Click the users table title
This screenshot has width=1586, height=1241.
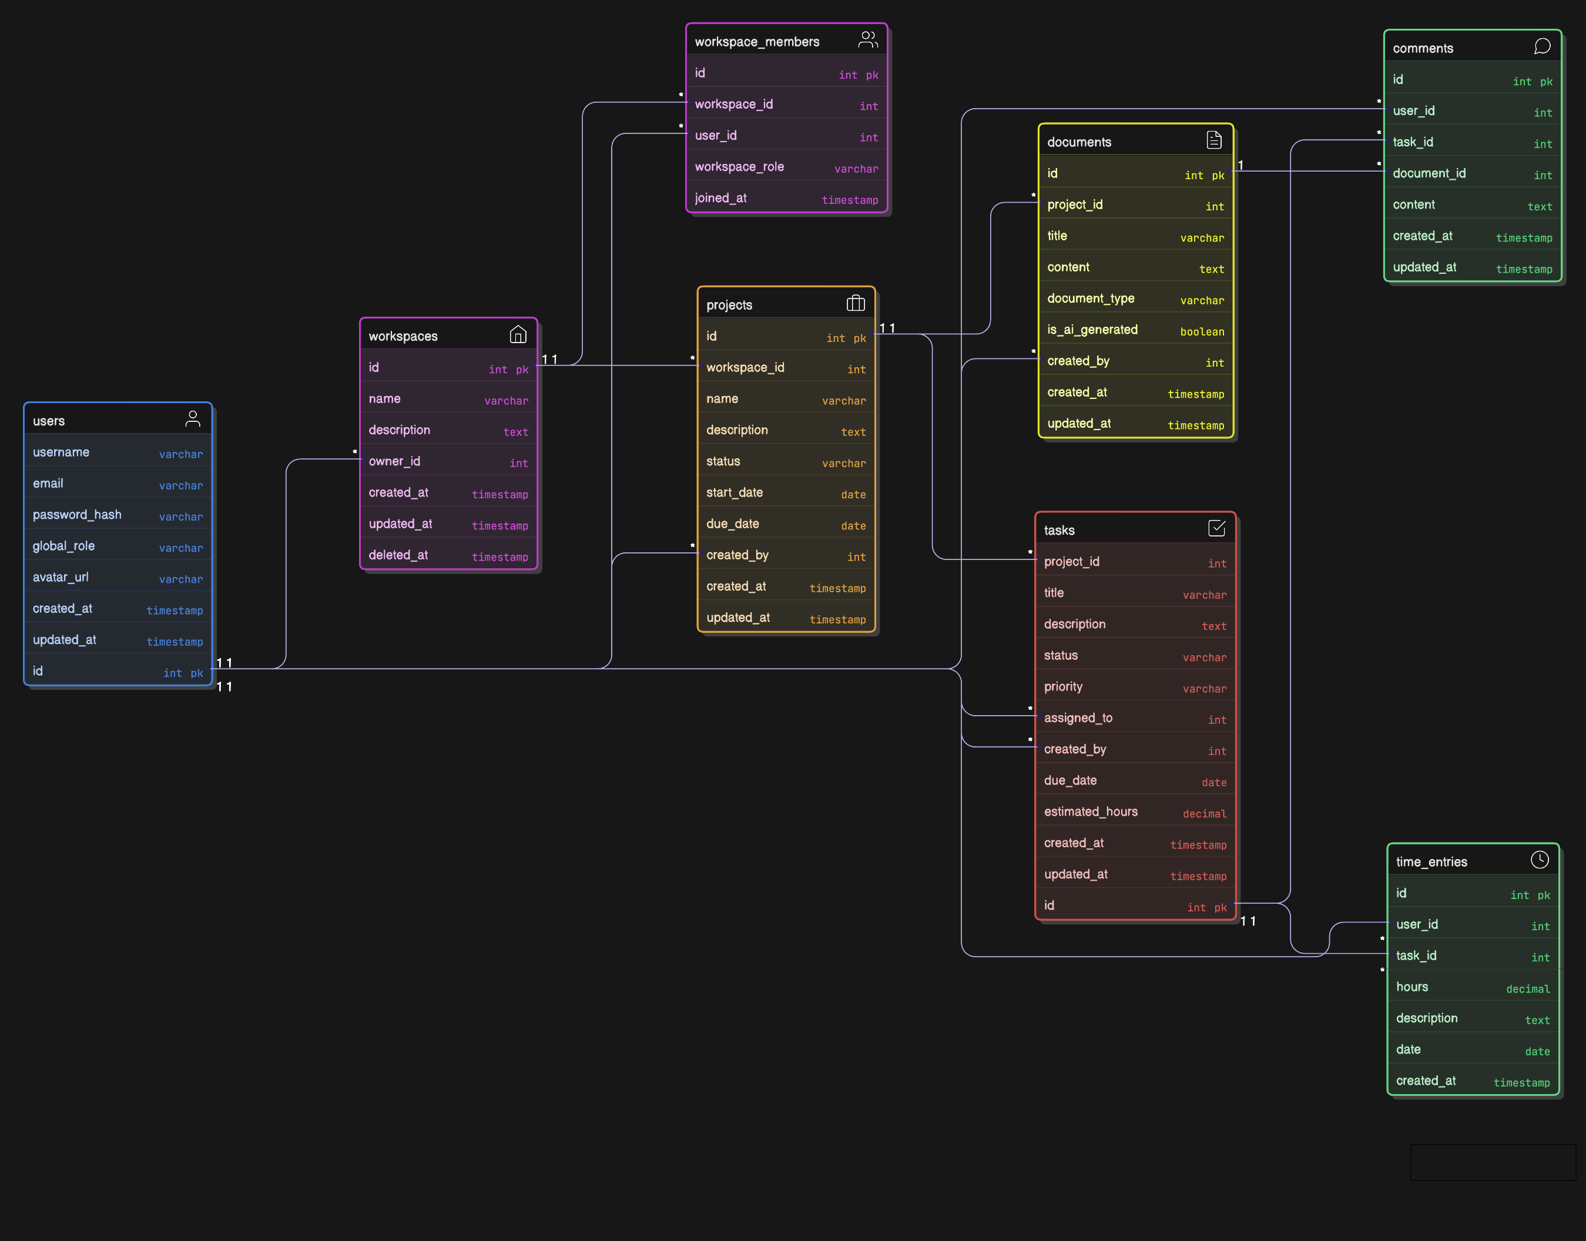49,421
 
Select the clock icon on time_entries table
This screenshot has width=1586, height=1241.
1539,860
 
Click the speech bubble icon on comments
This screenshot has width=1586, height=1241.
1542,46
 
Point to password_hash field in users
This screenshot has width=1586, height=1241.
77,514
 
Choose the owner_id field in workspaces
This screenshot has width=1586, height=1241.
394,461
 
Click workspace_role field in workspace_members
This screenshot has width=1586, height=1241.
739,166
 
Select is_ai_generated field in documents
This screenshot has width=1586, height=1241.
1092,330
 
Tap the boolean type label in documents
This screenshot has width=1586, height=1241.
1202,332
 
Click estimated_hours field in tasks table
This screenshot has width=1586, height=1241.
1091,811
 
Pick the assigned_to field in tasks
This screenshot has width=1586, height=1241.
1078,718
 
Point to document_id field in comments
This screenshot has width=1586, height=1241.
1429,173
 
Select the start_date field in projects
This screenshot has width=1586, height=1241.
734,492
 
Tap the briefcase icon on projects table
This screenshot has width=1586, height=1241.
855,303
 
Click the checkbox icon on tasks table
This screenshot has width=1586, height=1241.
1216,528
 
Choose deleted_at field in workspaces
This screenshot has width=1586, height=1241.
398,555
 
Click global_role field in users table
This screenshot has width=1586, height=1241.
63,546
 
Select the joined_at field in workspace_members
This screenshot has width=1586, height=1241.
720,197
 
